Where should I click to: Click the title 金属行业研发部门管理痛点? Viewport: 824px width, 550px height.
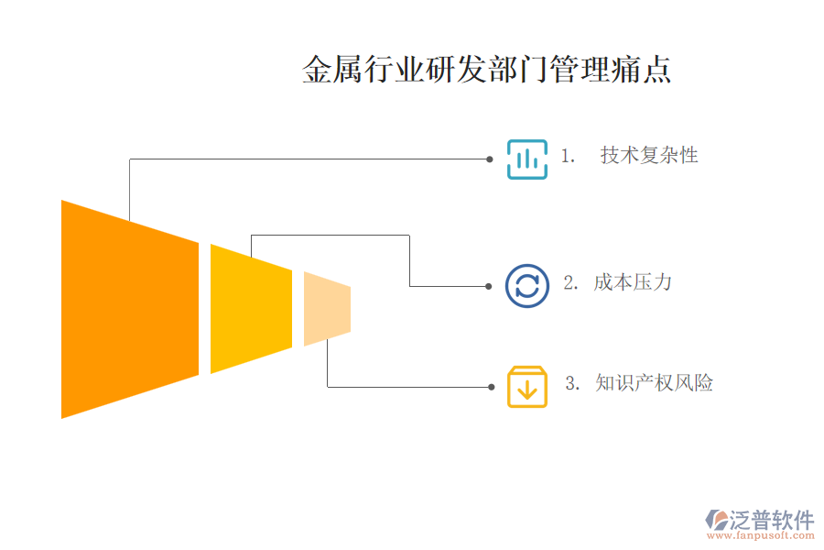point(486,71)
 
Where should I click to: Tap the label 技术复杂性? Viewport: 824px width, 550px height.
point(649,156)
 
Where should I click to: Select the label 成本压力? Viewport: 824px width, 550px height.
point(632,282)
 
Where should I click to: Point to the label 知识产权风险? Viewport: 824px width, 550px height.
point(654,383)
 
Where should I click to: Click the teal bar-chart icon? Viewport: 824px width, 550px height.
point(527,159)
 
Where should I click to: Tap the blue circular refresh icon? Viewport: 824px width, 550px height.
point(527,285)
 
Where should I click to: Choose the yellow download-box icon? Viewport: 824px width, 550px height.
point(527,387)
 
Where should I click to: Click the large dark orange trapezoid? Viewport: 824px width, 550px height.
point(129,309)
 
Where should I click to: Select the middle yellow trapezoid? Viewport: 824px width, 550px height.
point(251,309)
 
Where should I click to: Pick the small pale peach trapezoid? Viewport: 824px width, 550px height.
point(327,309)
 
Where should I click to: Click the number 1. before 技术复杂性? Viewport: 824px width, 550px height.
point(568,157)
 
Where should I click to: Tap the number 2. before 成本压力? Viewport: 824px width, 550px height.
point(570,283)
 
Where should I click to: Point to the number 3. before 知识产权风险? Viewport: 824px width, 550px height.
point(573,384)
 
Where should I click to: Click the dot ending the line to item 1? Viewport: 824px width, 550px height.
point(490,159)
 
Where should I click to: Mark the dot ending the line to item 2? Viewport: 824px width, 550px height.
point(489,286)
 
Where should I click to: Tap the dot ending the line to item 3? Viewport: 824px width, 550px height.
point(490,387)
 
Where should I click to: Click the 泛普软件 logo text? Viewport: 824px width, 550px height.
point(771,521)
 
